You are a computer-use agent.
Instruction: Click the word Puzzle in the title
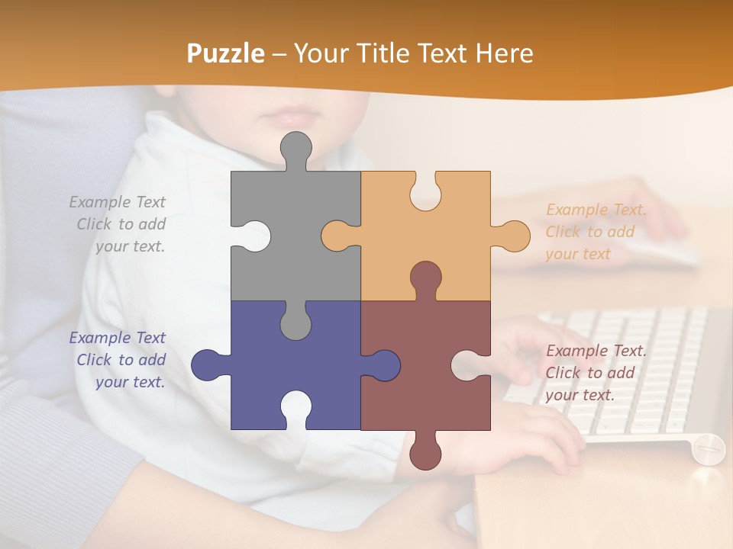click(x=226, y=53)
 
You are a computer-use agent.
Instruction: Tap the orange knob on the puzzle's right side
click(x=513, y=236)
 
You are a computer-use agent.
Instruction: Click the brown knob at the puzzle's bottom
click(x=425, y=453)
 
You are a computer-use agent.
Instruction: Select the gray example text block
click(x=118, y=224)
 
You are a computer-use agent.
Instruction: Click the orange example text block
click(x=596, y=232)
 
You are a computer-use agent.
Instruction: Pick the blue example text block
click(x=118, y=360)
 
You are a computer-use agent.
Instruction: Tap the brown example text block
click(x=596, y=373)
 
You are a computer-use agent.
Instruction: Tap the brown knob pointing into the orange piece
click(x=425, y=278)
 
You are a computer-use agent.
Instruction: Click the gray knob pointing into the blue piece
click(x=295, y=323)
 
